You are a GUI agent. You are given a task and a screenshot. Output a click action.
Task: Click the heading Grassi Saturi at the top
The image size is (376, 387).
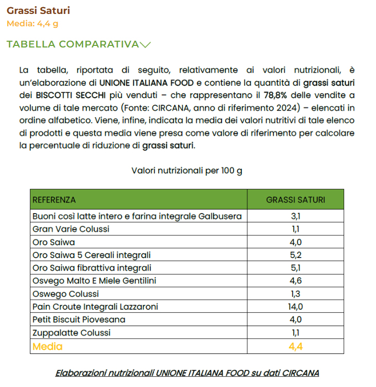point(38,10)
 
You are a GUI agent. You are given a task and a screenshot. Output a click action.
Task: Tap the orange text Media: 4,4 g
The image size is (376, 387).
point(32,23)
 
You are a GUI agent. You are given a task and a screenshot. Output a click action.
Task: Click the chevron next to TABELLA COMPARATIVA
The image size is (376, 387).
point(145,44)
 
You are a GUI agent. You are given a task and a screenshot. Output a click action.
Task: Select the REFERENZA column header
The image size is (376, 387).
point(54,200)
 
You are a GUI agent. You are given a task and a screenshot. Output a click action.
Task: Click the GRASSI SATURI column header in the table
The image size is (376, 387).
point(295,200)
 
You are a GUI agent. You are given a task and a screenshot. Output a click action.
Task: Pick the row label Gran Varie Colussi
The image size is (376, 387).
point(71,229)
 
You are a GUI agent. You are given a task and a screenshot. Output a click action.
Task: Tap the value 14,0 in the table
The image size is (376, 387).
point(295,307)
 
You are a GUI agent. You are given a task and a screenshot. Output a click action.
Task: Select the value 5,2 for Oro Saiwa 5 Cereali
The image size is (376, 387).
point(295,255)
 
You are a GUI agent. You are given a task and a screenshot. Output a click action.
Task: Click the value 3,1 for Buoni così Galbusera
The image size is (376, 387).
point(295,216)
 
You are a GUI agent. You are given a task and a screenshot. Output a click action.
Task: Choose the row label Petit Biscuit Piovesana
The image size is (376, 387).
point(79,319)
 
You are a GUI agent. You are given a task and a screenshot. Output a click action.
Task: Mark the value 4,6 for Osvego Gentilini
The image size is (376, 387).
point(295,281)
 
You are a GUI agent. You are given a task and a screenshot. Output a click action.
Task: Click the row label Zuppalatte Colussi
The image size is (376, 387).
point(72,333)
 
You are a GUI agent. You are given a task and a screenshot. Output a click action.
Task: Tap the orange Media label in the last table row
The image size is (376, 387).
point(47,346)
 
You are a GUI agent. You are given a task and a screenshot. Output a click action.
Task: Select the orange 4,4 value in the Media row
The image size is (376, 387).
point(295,346)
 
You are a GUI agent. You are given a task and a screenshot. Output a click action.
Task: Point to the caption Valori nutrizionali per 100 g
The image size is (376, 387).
point(187,171)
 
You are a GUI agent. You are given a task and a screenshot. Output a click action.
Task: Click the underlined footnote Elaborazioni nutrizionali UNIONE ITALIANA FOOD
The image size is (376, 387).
point(187,373)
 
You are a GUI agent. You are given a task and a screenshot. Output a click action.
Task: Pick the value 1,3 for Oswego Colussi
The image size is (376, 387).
point(295,294)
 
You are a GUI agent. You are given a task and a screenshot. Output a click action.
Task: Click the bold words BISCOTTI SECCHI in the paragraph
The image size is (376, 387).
point(71,95)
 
